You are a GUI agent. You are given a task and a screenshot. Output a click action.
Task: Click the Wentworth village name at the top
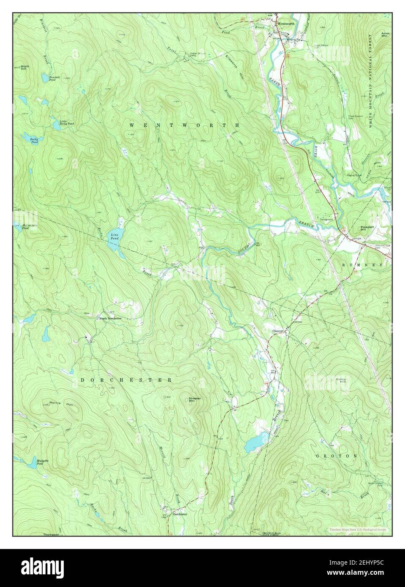[x=286, y=24]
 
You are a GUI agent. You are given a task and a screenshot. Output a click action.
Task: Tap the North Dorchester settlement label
[x=110, y=318]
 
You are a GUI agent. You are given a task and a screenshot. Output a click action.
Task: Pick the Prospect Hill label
[x=367, y=228]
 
